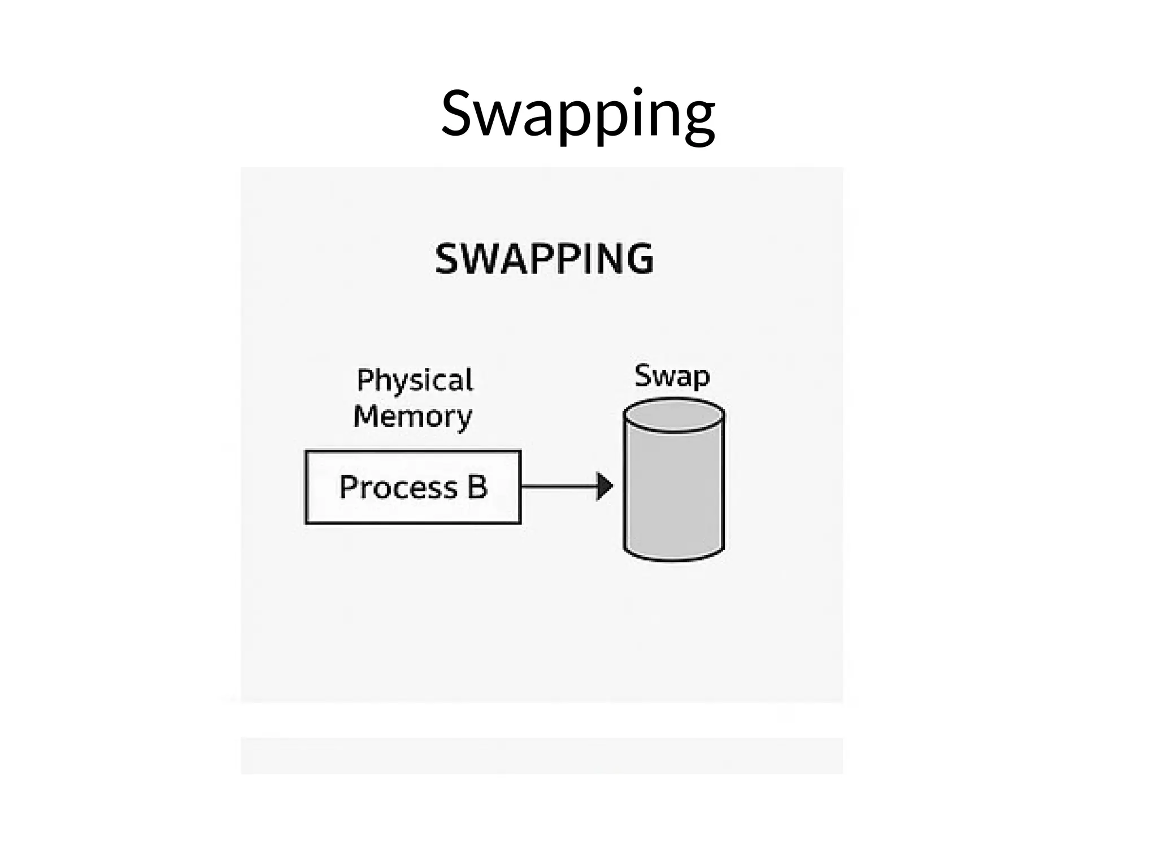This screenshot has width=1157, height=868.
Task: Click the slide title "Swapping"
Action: pos(577,115)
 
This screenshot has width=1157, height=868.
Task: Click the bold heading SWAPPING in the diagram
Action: pos(544,259)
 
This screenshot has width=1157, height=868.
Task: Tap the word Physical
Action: pos(415,380)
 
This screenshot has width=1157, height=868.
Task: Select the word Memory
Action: pos(412,417)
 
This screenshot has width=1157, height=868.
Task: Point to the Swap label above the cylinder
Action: pos(672,376)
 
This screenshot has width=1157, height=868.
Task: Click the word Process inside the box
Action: pos(398,487)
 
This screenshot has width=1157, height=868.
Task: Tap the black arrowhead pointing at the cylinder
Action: pos(604,486)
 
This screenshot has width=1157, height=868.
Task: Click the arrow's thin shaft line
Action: pos(556,486)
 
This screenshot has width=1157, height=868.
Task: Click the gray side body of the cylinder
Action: pos(673,492)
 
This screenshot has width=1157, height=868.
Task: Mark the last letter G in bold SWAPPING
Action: pos(638,259)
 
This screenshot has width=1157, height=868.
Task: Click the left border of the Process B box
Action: pos(306,487)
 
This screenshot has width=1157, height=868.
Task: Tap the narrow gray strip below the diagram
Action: pos(541,755)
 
